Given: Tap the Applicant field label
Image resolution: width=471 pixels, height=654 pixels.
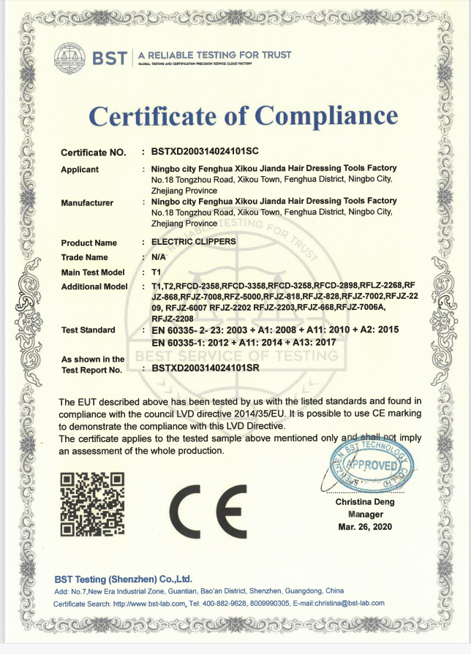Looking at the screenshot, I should coord(80,170).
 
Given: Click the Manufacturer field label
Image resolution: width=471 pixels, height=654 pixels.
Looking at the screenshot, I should coord(87,202).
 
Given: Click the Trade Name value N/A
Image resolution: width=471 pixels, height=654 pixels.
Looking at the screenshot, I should coord(159,257).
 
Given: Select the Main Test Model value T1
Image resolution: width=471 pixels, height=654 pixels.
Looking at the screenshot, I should coord(156,272).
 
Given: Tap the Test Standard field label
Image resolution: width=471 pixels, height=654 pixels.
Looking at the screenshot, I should coord(88,330).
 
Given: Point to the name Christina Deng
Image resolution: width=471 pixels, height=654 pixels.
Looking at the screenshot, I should coord(365,502).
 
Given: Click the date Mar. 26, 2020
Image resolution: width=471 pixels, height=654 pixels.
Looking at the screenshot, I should coord(365,527).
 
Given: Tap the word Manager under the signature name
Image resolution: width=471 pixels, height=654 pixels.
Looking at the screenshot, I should coord(365,514).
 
